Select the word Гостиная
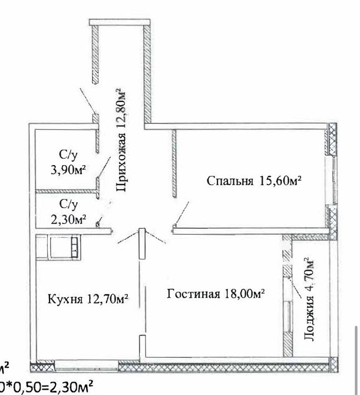[x=193, y=293]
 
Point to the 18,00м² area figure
[x=243, y=292]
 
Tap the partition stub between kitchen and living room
[x=141, y=243]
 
